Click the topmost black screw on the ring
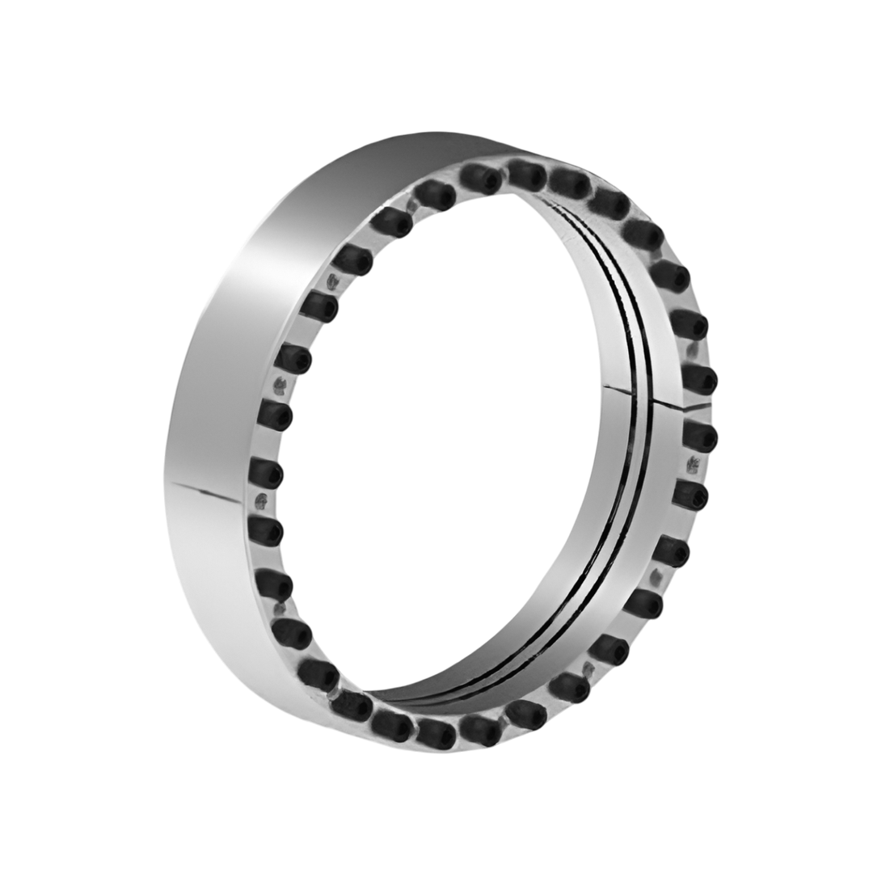526,173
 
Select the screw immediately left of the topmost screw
482,178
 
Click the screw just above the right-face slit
699,377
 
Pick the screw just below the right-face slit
700,436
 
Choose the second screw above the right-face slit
690,324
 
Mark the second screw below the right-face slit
690,494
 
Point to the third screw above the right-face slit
671,275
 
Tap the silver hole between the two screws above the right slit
692,352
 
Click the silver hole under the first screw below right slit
693,465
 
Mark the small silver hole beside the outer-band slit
260,499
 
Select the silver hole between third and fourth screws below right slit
656,576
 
